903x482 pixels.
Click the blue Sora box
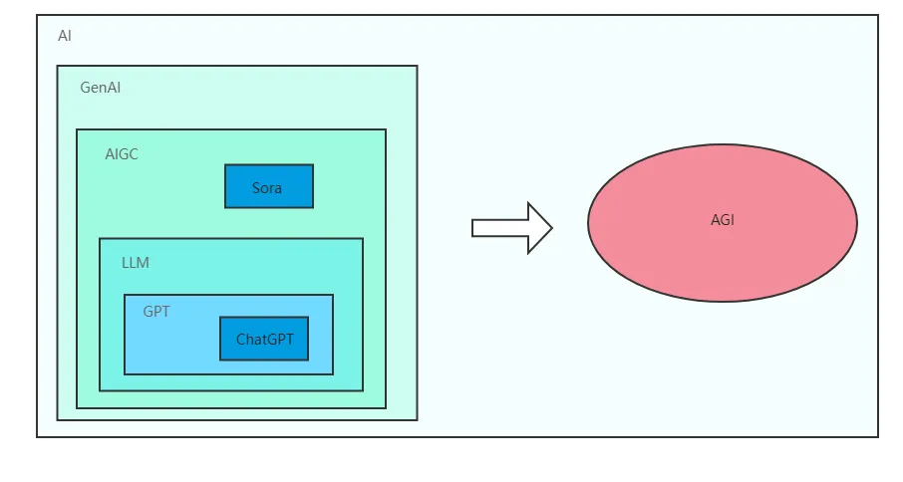pos(269,186)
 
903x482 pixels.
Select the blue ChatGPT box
pos(264,339)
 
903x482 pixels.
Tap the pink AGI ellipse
pos(723,223)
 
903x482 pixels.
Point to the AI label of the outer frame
pos(65,36)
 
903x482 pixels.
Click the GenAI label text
pos(101,88)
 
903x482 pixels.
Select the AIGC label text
pos(122,154)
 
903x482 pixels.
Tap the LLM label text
pos(136,263)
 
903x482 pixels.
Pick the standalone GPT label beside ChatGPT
pos(156,312)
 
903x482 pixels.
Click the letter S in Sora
pos(256,187)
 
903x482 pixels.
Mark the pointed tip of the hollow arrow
pos(552,228)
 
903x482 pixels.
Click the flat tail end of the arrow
pos(472,228)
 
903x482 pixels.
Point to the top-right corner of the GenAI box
pos(417,66)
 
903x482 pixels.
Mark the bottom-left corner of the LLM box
pos(100,390)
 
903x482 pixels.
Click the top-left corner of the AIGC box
pos(77,129)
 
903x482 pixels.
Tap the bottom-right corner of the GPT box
pos(333,374)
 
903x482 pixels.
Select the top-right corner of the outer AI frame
pos(878,15)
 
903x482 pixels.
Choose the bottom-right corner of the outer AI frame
pos(878,436)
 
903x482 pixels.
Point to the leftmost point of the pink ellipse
pos(588,223)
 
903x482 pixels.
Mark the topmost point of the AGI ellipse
pos(723,144)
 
